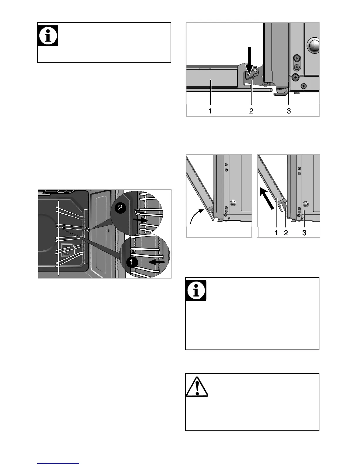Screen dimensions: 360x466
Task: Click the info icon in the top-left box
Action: (48, 35)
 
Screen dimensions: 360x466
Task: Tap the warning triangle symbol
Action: (197, 387)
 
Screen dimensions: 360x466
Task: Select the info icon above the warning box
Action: (196, 290)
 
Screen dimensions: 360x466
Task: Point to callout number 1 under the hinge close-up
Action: (210, 111)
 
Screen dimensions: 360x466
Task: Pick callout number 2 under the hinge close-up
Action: (251, 111)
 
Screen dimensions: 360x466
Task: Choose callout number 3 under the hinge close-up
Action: (289, 111)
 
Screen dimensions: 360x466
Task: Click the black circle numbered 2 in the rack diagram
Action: (120, 208)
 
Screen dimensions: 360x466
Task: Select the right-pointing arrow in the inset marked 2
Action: (140, 219)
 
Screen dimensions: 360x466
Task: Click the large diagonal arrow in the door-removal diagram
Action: (267, 199)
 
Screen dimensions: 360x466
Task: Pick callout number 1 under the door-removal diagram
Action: (276, 233)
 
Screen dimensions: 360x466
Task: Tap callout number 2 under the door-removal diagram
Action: (286, 233)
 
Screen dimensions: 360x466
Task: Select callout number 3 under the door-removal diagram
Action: (304, 233)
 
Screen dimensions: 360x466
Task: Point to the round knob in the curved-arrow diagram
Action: (233, 203)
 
